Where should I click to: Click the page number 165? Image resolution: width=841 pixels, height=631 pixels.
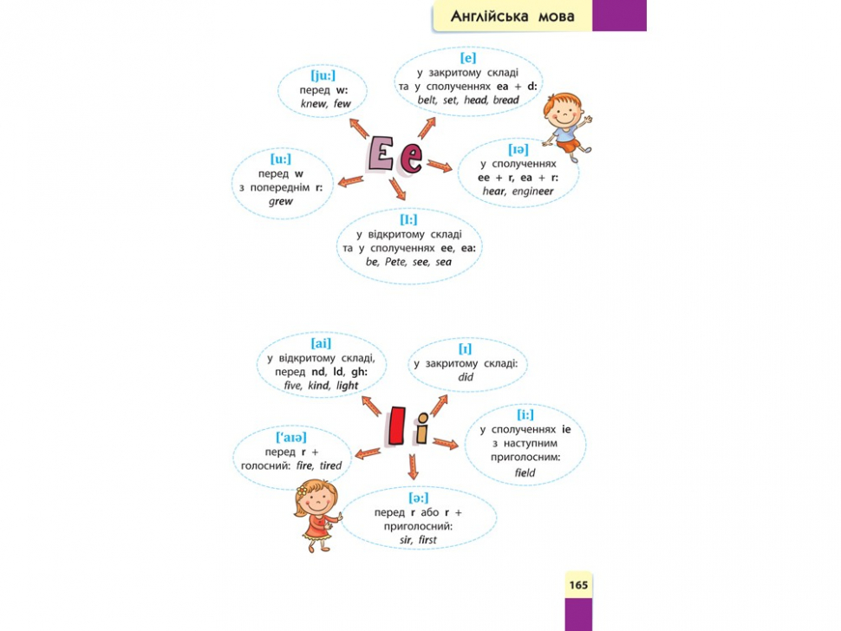click(x=578, y=585)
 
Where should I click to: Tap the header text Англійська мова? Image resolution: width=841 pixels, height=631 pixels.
click(x=512, y=16)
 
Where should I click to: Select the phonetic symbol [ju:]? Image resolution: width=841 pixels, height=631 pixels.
click(x=323, y=75)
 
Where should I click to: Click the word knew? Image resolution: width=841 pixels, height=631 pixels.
click(x=314, y=103)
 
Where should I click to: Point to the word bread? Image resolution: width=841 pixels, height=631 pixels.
click(x=505, y=100)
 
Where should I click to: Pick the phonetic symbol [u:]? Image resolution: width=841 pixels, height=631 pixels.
click(x=281, y=159)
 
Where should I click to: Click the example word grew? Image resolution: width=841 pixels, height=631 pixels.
click(x=281, y=202)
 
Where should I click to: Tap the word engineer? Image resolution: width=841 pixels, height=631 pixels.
click(x=532, y=192)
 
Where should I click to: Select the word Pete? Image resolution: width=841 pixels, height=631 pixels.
click(x=396, y=262)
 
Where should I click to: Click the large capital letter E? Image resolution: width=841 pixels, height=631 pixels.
click(x=381, y=154)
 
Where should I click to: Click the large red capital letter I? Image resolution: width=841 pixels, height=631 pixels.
click(x=397, y=426)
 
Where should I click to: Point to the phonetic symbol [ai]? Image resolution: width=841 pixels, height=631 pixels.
click(x=321, y=343)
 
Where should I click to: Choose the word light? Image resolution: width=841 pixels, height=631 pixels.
click(x=347, y=386)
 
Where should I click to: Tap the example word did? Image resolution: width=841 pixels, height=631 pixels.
click(x=466, y=377)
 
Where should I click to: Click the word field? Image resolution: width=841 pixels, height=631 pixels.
click(x=525, y=472)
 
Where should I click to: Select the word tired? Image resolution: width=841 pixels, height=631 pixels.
click(x=330, y=465)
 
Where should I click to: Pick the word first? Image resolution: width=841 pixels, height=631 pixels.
click(x=427, y=540)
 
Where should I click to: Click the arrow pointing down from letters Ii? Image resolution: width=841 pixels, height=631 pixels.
click(x=413, y=466)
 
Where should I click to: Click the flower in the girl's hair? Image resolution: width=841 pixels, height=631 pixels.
click(x=303, y=490)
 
